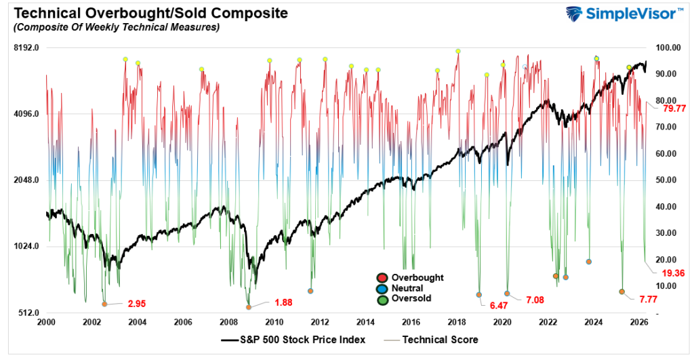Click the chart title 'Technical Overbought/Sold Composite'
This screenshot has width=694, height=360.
[144, 13]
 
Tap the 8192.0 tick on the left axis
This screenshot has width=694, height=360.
[28, 48]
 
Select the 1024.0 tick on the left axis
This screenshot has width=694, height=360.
[28, 247]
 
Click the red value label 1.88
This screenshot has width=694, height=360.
[283, 302]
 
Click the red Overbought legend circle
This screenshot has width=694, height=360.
[382, 277]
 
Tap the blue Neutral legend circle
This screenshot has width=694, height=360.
[382, 287]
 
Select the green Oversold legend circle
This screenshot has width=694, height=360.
[382, 298]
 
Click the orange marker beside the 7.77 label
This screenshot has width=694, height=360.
[621, 292]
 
